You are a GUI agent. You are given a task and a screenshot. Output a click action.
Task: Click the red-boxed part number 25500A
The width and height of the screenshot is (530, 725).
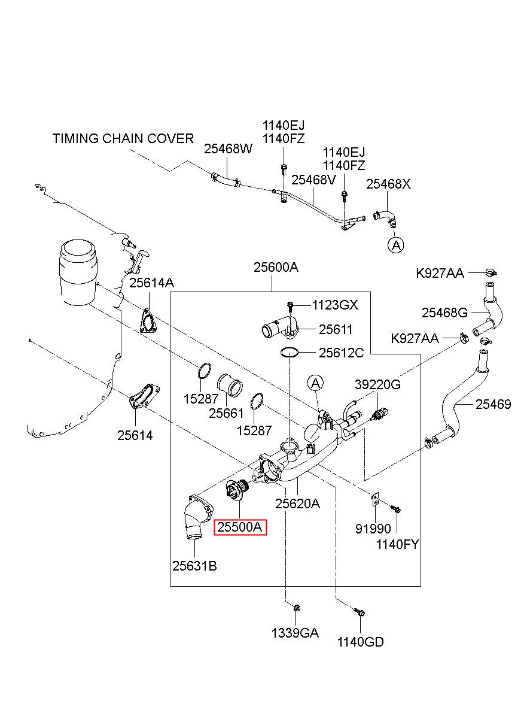pyautogui.click(x=240, y=527)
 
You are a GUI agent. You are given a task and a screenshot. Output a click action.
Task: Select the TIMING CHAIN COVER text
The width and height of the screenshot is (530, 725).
pyautogui.click(x=123, y=138)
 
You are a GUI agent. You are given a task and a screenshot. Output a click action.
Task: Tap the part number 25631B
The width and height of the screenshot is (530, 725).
pyautogui.click(x=194, y=566)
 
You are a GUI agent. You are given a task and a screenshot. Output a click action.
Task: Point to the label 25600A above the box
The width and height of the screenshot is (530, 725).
pyautogui.click(x=276, y=268)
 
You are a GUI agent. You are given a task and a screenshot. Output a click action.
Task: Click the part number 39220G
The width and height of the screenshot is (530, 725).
pyautogui.click(x=377, y=384)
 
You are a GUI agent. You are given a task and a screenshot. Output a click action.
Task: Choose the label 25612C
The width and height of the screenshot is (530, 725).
pyautogui.click(x=342, y=353)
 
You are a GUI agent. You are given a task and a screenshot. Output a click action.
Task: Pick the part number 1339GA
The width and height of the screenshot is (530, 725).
pyautogui.click(x=295, y=633)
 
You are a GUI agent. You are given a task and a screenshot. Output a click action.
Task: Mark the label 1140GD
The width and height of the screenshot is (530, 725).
pyautogui.click(x=361, y=642)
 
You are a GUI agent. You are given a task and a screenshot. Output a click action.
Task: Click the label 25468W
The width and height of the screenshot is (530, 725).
pyautogui.click(x=228, y=149)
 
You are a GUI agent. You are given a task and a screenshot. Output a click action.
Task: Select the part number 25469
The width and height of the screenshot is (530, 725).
pyautogui.click(x=493, y=404)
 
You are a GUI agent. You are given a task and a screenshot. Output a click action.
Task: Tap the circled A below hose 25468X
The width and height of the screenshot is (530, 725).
pyautogui.click(x=396, y=245)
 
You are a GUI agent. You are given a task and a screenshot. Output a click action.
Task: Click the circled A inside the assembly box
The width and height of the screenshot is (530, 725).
pyautogui.click(x=315, y=384)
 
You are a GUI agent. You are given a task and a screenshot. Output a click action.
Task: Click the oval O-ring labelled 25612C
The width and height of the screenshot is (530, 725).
pyautogui.click(x=289, y=352)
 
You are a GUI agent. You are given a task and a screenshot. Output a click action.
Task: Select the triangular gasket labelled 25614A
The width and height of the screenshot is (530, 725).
pyautogui.click(x=149, y=321)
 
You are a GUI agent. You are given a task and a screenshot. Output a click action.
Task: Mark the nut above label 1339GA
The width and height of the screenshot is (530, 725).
pyautogui.click(x=296, y=608)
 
